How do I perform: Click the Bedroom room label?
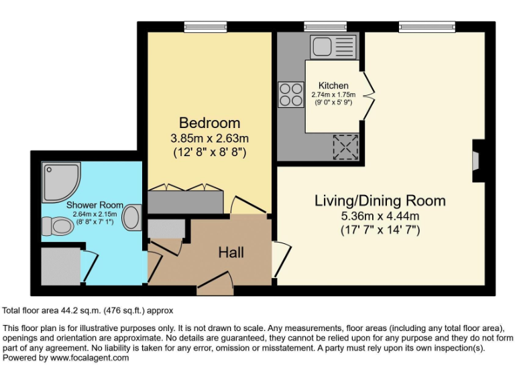pyautogui.click(x=209, y=123)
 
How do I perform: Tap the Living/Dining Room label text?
pyautogui.click(x=380, y=200)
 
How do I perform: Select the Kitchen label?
pyautogui.click(x=333, y=86)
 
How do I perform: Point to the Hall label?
pyautogui.click(x=231, y=253)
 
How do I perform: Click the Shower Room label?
pyautogui.click(x=94, y=205)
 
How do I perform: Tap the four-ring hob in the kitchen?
pyautogui.click(x=291, y=94)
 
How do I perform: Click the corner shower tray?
pyautogui.click(x=61, y=181)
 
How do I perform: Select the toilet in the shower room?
pyautogui.click(x=57, y=228)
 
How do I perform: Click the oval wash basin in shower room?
pyautogui.click(x=132, y=218)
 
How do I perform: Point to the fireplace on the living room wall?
pyautogui.click(x=477, y=161)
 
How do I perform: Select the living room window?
pyautogui.click(x=426, y=26)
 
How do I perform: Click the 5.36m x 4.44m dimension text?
pyautogui.click(x=380, y=216)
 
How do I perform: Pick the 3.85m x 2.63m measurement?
pyautogui.click(x=209, y=139)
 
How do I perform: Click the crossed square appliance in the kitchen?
pyautogui.click(x=346, y=146)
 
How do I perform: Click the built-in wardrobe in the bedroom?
pyautogui.click(x=186, y=200)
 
